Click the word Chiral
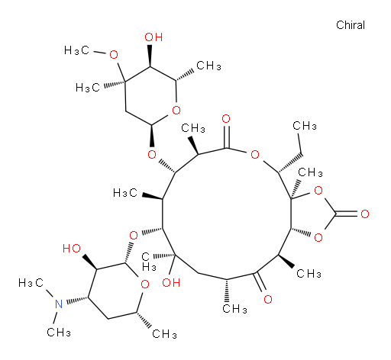click(x=351, y=25)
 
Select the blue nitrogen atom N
click(x=59, y=304)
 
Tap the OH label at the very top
click(x=153, y=37)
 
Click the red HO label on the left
click(x=72, y=249)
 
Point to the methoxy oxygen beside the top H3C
click(x=114, y=54)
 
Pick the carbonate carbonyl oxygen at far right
click(x=365, y=214)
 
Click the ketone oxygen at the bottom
click(x=268, y=299)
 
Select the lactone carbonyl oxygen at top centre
click(x=226, y=118)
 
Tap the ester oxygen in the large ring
click(x=255, y=154)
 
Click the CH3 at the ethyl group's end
click(x=305, y=126)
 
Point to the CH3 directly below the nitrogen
click(x=59, y=333)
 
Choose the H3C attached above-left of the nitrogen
click(x=31, y=283)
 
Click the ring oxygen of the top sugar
click(x=176, y=110)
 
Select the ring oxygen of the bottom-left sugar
click(x=145, y=284)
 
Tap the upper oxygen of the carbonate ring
click(x=318, y=190)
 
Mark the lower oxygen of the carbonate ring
click(x=318, y=237)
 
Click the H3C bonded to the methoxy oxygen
click(x=76, y=50)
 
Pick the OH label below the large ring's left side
click(x=171, y=282)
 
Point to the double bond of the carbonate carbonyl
click(x=347, y=214)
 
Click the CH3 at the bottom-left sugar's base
click(x=164, y=334)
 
